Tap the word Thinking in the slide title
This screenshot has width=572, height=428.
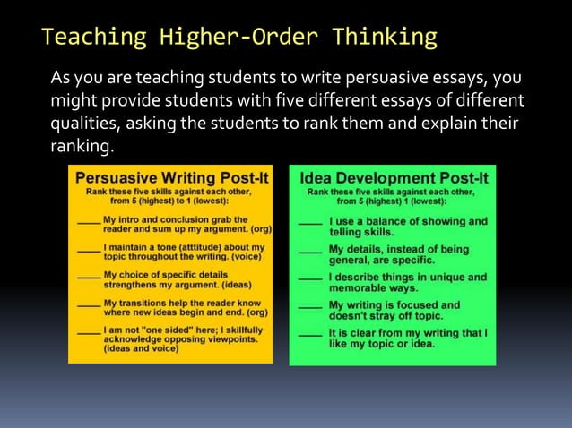[x=385, y=38]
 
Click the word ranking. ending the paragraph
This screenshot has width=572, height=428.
[x=83, y=146]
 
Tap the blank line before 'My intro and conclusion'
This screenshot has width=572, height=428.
[x=89, y=220]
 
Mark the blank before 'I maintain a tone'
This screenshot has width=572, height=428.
[x=89, y=248]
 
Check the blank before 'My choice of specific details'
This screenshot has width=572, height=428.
[x=89, y=276]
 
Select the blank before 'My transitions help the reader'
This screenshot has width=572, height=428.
[x=89, y=304]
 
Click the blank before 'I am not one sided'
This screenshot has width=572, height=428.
[x=89, y=332]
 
